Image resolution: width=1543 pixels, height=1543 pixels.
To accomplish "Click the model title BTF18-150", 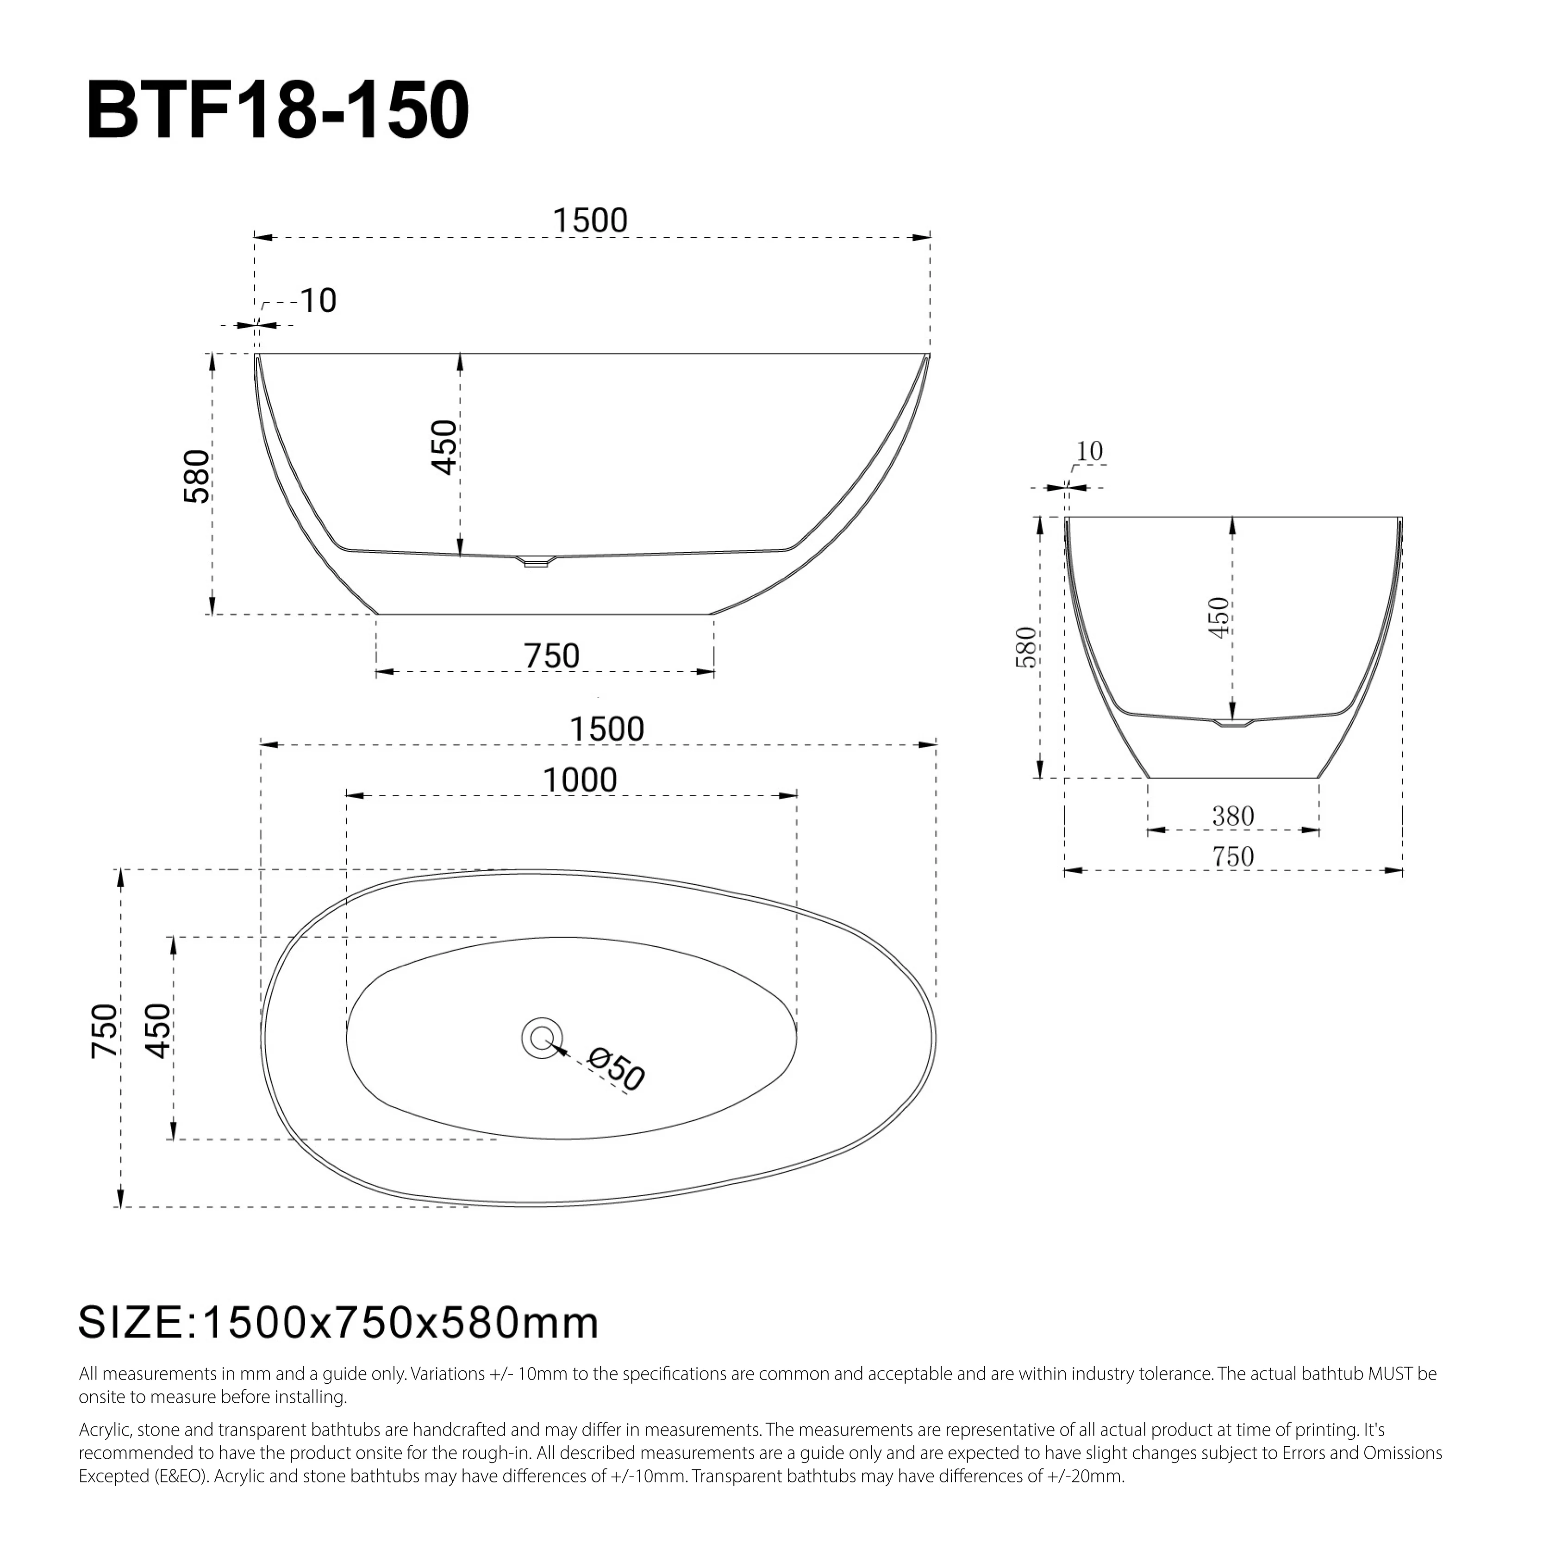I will tap(277, 110).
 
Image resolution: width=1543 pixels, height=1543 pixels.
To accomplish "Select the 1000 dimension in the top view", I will tap(580, 780).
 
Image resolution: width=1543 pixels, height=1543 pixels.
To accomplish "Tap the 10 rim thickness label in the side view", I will tap(318, 301).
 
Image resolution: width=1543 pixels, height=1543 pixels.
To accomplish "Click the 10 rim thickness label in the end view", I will tap(1089, 451).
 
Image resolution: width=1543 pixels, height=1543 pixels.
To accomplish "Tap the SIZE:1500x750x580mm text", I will tap(338, 1323).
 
